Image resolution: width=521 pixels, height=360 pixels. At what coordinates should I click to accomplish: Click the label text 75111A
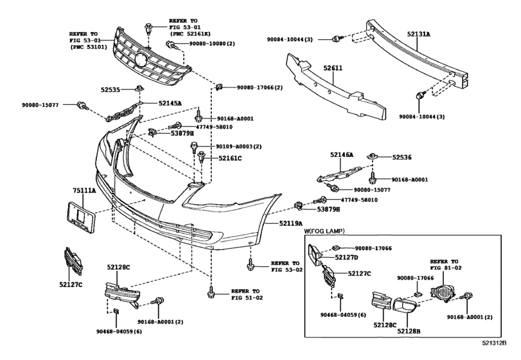pyautogui.click(x=84, y=191)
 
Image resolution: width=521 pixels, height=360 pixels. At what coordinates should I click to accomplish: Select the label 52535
pyautogui.click(x=110, y=90)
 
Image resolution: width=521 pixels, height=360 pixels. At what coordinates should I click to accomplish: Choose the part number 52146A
pyautogui.click(x=342, y=155)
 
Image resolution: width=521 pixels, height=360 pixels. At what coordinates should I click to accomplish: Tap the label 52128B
pyautogui.click(x=409, y=330)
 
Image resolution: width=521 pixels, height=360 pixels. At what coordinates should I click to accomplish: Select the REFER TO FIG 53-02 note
pyautogui.click(x=285, y=267)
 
